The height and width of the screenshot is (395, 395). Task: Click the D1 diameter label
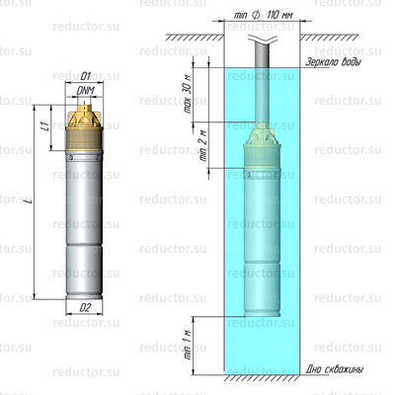[86, 75]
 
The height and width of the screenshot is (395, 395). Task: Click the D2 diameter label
[86, 307]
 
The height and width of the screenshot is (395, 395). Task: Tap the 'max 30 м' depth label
[189, 96]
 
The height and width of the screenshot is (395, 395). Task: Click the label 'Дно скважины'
[336, 369]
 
